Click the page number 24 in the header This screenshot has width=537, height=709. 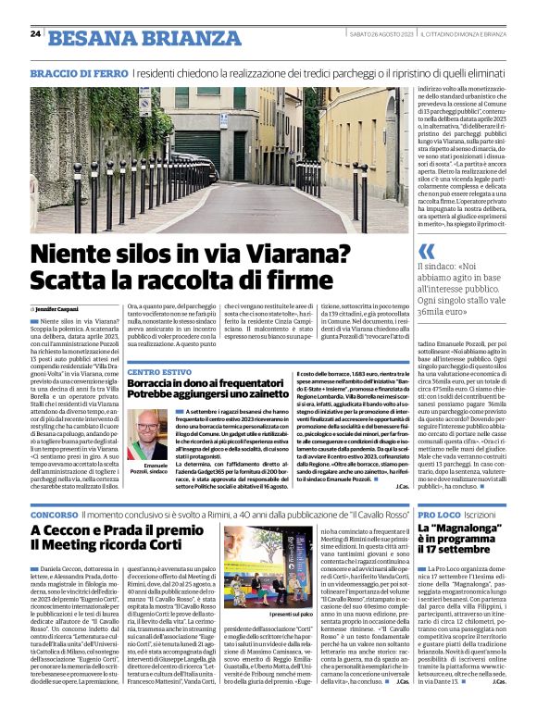34,34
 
